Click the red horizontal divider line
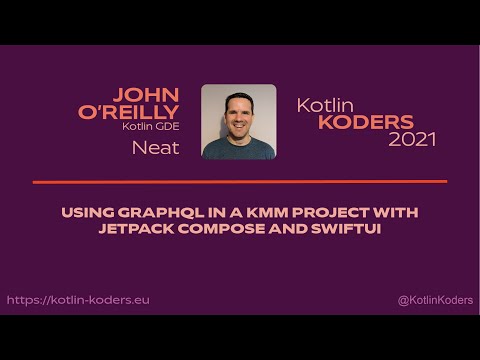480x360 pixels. [x=240, y=181]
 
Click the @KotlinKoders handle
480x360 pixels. [x=434, y=299]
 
